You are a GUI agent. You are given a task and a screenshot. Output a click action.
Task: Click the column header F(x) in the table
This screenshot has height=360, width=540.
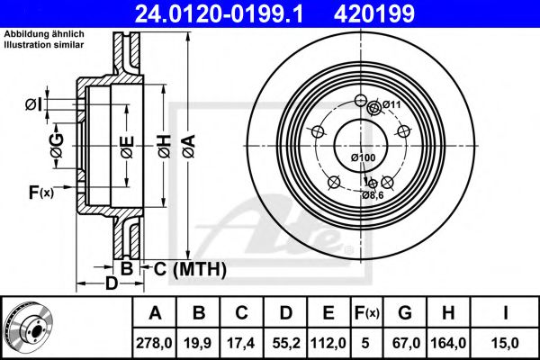click(x=365, y=312)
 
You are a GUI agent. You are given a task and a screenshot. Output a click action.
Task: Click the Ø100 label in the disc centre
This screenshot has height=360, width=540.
click(x=362, y=158)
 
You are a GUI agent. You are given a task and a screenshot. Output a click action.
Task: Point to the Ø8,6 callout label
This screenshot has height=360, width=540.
click(x=373, y=194)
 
